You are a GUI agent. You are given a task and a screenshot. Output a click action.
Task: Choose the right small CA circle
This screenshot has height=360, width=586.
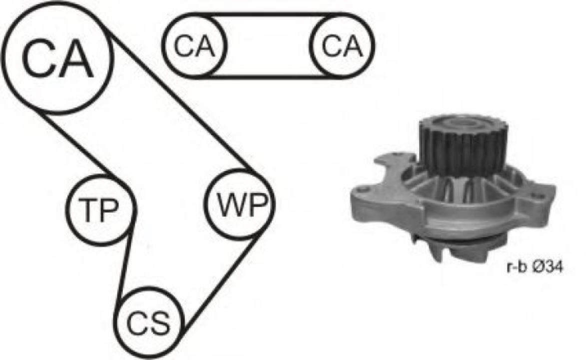[342, 46]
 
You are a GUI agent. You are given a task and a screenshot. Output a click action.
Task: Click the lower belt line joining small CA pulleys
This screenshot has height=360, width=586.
[268, 77]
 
